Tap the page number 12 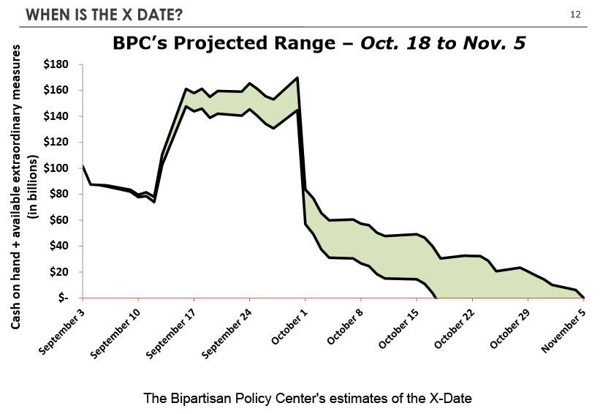pos(575,15)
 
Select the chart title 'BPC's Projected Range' pos(226,44)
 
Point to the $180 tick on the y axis pos(58,64)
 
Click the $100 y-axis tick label pos(58,168)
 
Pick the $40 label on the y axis pos(61,246)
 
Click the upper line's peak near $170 pos(297,78)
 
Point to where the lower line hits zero pos(436,297)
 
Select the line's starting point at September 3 pos(83,166)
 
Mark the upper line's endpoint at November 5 pos(584,297)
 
